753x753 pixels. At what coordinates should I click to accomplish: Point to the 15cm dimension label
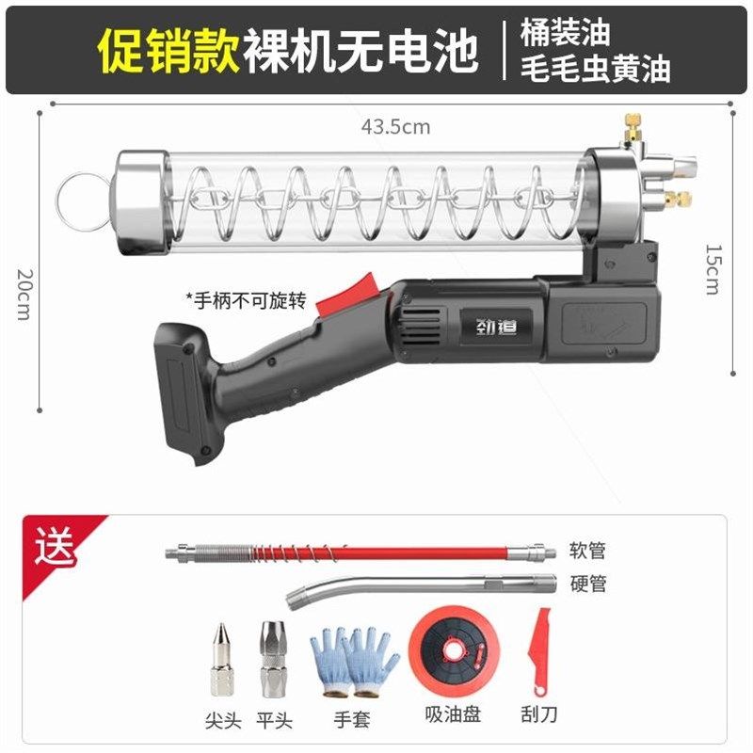pos(712,269)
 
